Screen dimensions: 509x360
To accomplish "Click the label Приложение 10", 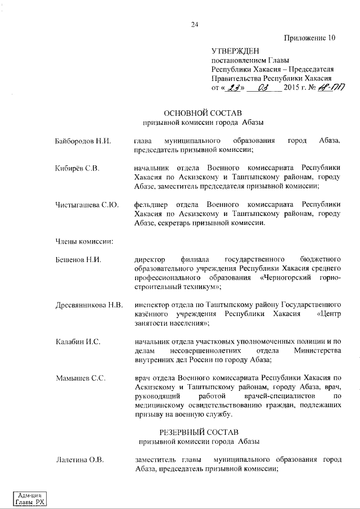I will pos(309,38).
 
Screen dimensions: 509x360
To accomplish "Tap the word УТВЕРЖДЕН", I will pos(235,51).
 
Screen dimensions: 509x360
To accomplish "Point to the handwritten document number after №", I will pos(331,88).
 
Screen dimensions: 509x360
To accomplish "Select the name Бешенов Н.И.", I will pos(78,260).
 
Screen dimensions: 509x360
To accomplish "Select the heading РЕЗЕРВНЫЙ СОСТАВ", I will pos(201,433).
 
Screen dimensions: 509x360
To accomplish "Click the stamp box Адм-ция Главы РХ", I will pos(31,497).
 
